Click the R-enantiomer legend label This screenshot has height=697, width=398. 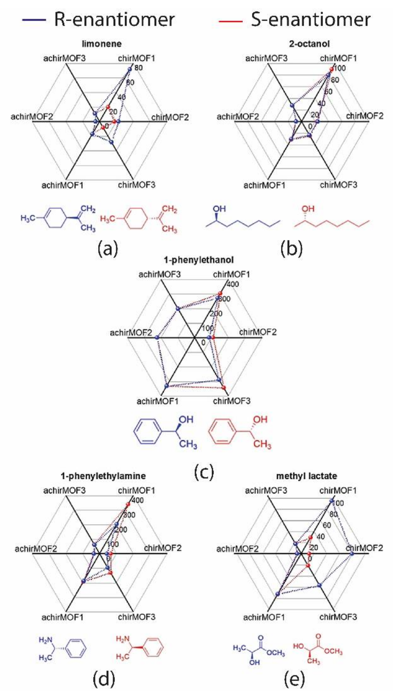[114, 20]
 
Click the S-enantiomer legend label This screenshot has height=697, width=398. [311, 20]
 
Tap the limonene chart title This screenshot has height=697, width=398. [102, 44]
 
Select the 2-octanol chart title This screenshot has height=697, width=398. [309, 44]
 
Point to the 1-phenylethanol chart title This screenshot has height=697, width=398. [199, 260]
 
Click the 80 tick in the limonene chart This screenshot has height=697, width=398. [139, 68]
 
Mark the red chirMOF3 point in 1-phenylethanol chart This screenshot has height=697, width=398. [224, 388]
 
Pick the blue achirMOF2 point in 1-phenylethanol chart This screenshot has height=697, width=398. [157, 338]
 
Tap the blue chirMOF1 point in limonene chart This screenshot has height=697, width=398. [130, 69]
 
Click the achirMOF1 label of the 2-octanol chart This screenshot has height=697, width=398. [264, 185]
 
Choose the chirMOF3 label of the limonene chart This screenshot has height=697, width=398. [137, 185]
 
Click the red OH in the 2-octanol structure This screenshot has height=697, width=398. [308, 209]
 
